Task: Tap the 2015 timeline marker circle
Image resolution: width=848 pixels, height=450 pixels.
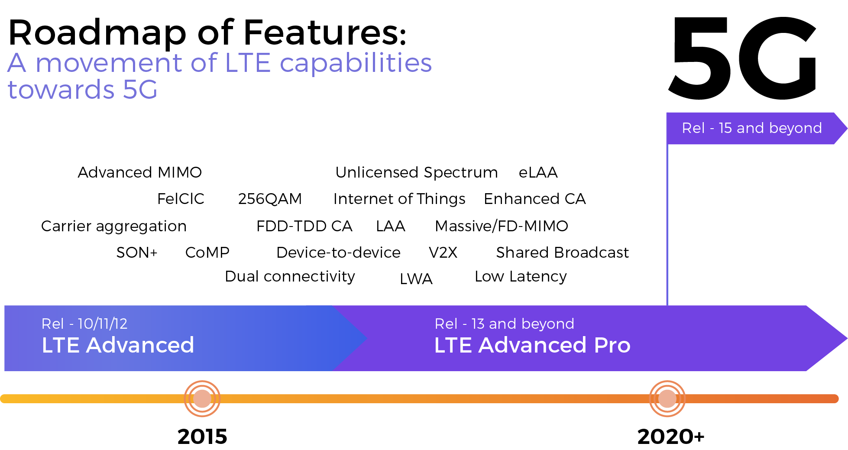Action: (202, 398)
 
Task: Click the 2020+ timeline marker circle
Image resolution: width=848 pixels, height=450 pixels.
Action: (667, 398)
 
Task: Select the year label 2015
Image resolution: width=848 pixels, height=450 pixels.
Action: (202, 436)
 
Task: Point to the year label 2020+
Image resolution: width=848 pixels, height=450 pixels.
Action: (670, 436)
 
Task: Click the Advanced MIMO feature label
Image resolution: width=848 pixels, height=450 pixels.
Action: (139, 172)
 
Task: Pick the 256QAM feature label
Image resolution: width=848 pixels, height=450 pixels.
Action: (270, 199)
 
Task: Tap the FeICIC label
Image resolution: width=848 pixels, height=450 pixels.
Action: (181, 199)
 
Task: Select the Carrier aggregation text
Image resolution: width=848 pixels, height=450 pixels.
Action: (113, 226)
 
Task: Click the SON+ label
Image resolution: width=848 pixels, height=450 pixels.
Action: (137, 253)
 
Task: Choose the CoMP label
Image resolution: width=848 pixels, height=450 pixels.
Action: (207, 253)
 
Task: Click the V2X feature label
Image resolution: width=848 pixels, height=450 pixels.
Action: (443, 253)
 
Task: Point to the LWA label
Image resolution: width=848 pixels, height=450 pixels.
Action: (416, 279)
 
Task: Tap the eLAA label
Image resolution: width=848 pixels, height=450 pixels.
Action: (538, 172)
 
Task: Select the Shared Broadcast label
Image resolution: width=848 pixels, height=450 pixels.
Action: (562, 253)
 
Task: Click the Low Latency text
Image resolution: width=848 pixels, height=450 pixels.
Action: (521, 276)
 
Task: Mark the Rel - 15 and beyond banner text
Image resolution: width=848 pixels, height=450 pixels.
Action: (751, 128)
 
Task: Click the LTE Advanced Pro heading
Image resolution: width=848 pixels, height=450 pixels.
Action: (532, 345)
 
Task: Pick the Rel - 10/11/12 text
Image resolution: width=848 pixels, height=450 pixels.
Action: (84, 324)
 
